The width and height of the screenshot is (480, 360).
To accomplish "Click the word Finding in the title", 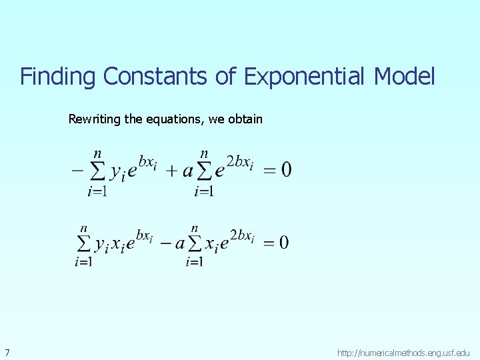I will click(59, 77).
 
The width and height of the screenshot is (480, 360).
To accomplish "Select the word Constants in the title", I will click(155, 77).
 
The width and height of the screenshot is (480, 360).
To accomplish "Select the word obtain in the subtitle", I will click(245, 119).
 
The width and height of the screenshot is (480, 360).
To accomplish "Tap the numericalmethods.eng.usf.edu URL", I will click(403, 352).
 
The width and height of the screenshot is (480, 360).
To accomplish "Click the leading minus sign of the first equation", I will click(77, 171).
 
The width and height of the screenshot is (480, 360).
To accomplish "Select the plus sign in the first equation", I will click(171, 171).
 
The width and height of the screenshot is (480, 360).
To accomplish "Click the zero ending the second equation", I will click(284, 243).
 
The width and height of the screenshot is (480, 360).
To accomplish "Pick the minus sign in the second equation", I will click(161, 243).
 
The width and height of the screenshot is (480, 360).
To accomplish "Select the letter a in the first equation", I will click(187, 172).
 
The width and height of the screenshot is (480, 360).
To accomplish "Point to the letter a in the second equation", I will click(179, 244).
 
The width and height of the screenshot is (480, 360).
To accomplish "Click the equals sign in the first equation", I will click(269, 171).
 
